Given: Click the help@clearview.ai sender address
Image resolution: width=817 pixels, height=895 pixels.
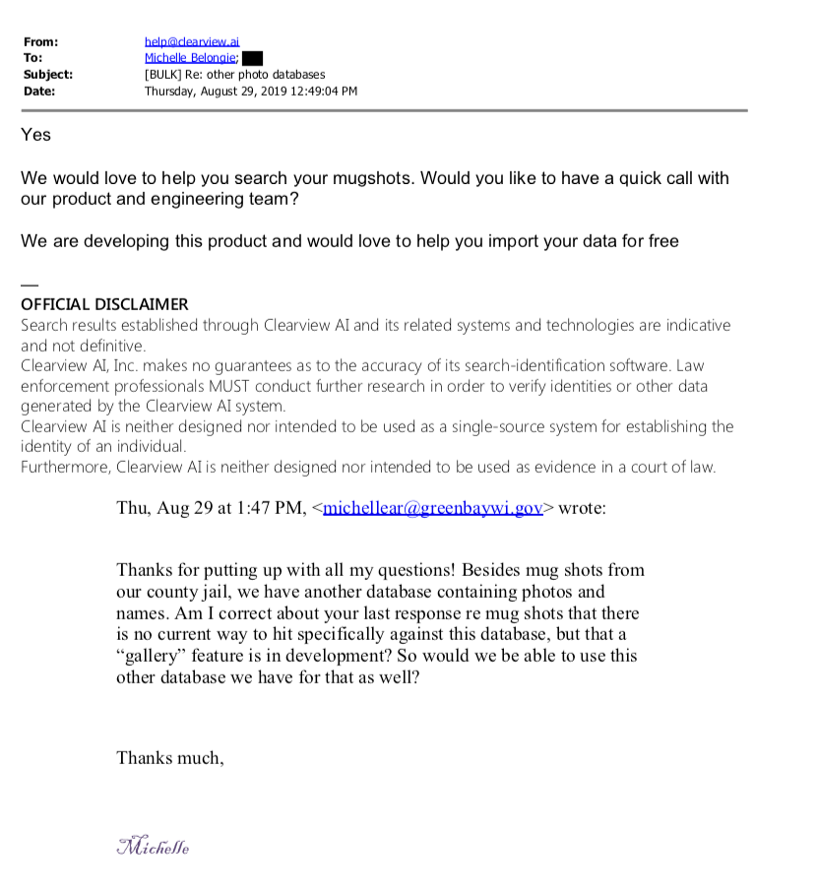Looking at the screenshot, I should point(192,41).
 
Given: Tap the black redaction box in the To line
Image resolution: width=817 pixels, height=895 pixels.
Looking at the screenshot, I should point(252,58).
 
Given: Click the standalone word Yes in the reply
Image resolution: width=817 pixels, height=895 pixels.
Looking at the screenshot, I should point(35,135).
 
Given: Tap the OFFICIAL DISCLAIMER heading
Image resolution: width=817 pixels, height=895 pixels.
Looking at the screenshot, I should point(104,304).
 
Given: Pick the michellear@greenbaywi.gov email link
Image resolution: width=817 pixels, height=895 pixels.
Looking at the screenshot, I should point(433,508).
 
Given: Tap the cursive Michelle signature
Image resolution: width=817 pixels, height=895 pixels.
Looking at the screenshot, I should point(153,846).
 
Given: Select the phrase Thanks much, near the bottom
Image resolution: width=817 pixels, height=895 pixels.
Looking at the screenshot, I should point(170,757).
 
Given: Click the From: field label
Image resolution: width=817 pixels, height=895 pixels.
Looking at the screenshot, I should point(40,41).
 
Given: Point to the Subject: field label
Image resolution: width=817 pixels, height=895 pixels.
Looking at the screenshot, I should point(47,74).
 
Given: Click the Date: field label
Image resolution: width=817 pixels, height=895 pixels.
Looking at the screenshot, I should point(39,91).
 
